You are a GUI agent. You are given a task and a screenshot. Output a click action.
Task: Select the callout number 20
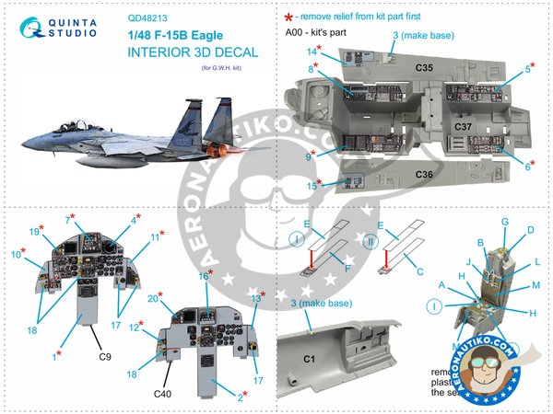153,299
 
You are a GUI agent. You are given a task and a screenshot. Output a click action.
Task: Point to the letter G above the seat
505,222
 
